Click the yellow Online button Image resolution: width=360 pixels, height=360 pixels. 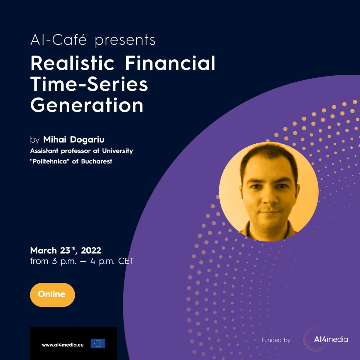click(x=52, y=295)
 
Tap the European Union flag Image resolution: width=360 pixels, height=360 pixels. click(x=98, y=343)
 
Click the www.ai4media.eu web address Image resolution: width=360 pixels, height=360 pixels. click(x=63, y=345)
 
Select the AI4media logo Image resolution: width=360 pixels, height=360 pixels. click(x=331, y=339)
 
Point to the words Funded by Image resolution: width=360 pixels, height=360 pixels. click(x=276, y=340)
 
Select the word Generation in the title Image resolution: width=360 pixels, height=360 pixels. click(x=87, y=105)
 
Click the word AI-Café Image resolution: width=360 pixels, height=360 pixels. click(x=58, y=40)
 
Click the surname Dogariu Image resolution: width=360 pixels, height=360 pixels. click(x=87, y=140)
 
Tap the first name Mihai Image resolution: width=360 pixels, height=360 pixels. click(x=55, y=139)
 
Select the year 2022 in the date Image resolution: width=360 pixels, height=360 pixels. click(x=91, y=250)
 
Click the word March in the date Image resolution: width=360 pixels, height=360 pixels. click(x=43, y=250)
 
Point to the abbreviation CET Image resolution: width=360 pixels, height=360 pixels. click(x=126, y=261)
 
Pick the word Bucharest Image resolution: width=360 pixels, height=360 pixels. click(x=97, y=161)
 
